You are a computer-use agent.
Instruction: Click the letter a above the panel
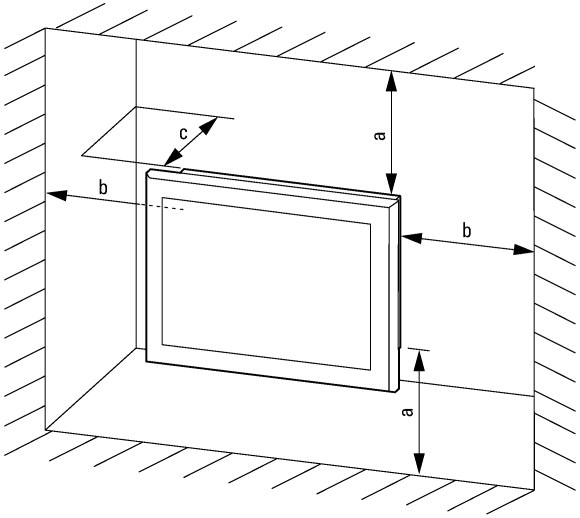coord(380,135)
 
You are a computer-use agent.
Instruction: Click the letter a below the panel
coord(407,411)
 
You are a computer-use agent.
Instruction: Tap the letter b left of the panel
coord(103,187)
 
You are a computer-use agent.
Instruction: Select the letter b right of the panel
coord(467,231)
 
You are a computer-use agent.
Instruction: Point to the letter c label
coord(183,134)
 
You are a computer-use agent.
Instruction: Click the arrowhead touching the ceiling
coord(391,81)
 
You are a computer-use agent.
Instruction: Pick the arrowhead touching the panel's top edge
coord(391,184)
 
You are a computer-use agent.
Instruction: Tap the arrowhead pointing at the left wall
coord(57,195)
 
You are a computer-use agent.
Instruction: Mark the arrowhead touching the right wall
coord(523,249)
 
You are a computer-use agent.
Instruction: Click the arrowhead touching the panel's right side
coord(412,238)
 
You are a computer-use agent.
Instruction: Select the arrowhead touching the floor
coord(419,463)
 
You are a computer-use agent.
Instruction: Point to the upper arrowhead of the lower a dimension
coord(419,360)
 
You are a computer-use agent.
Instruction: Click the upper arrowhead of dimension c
coord(209,125)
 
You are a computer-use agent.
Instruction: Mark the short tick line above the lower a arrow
coord(419,349)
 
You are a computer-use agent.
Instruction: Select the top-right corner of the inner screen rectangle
coord(370,224)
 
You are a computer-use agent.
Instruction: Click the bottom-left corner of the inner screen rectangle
coord(162,345)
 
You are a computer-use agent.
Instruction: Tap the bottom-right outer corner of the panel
coord(398,390)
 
